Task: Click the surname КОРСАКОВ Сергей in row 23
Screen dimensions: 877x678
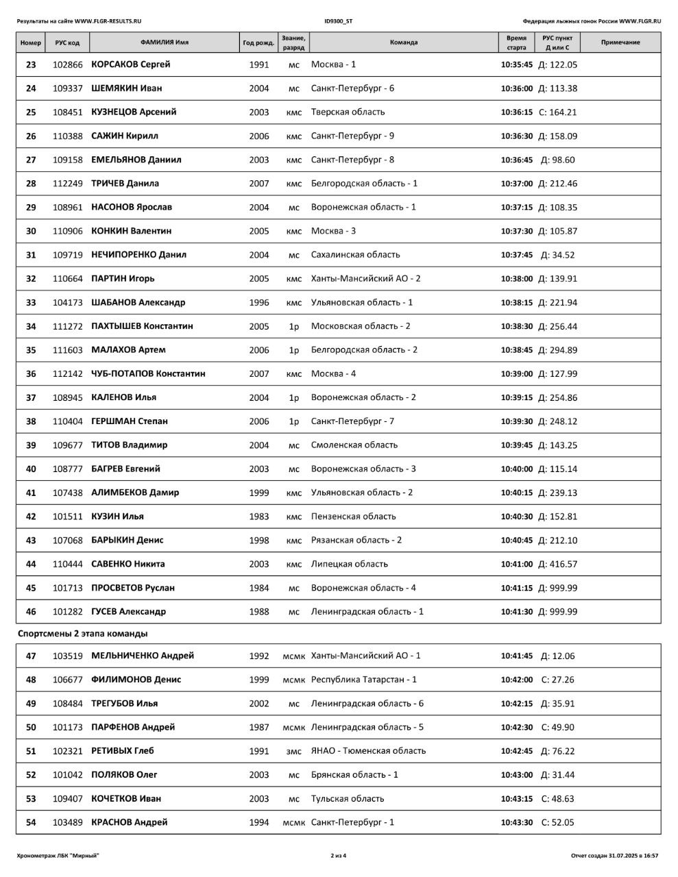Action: [130, 64]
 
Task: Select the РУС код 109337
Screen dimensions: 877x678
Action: [67, 88]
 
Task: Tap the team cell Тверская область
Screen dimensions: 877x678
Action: [348, 112]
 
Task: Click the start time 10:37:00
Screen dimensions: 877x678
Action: [516, 184]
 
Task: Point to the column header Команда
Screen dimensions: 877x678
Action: [403, 42]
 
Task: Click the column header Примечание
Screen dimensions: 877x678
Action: [620, 42]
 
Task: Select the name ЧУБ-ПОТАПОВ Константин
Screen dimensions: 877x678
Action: [148, 373]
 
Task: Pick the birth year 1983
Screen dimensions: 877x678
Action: [259, 517]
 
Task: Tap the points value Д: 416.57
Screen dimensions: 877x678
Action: [557, 564]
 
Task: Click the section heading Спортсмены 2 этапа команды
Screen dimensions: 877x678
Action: [82, 634]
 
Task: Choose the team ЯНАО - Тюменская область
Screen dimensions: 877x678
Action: [368, 750]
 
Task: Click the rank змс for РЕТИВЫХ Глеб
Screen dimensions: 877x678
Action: [293, 751]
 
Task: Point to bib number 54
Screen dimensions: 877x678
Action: [31, 822]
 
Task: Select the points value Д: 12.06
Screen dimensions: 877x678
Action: [557, 656]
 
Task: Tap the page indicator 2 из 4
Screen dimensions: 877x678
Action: [339, 855]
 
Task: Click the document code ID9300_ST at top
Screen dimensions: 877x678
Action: [339, 21]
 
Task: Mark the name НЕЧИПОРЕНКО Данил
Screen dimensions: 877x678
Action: [138, 254]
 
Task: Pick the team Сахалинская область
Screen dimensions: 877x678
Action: [355, 254]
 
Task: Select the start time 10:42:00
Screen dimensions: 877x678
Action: [516, 680]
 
